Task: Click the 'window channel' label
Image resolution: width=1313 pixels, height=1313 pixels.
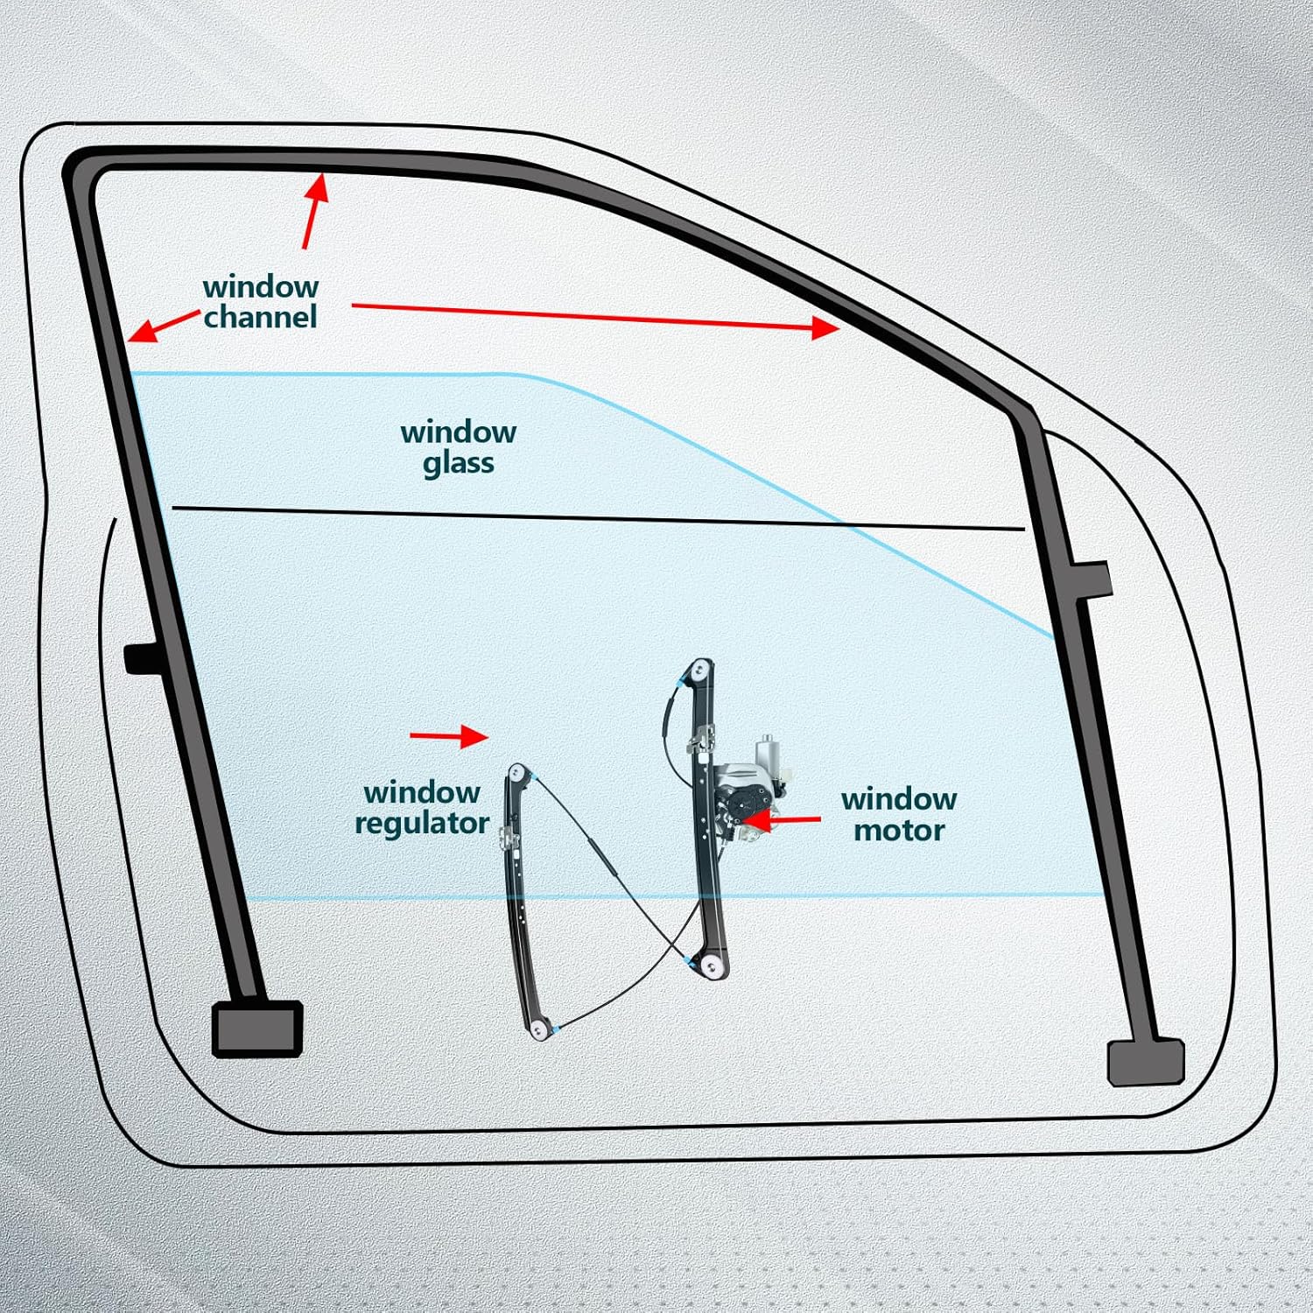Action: coord(260,302)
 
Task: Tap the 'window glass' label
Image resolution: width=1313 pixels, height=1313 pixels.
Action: coord(458,447)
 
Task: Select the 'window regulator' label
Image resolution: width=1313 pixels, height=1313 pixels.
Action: coord(421,808)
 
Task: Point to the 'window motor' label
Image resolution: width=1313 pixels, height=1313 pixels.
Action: coord(898,814)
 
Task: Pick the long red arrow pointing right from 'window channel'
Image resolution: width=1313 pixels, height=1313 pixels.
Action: coord(595,317)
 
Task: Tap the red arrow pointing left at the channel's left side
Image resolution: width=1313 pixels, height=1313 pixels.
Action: coord(163,326)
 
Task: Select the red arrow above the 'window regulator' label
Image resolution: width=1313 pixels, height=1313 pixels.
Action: coord(449,736)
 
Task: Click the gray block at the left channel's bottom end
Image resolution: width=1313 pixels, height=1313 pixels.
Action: coord(257,1028)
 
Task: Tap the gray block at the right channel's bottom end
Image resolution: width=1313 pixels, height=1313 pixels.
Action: coord(1146,1062)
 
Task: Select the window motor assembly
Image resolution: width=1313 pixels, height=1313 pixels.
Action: coord(748,788)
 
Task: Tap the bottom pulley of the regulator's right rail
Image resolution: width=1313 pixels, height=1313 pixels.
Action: coord(713,967)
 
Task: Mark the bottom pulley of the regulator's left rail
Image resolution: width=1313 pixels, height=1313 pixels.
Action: coord(540,1029)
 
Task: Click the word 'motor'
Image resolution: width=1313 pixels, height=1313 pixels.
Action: coord(899,830)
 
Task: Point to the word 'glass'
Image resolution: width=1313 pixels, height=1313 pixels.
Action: coord(458,463)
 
